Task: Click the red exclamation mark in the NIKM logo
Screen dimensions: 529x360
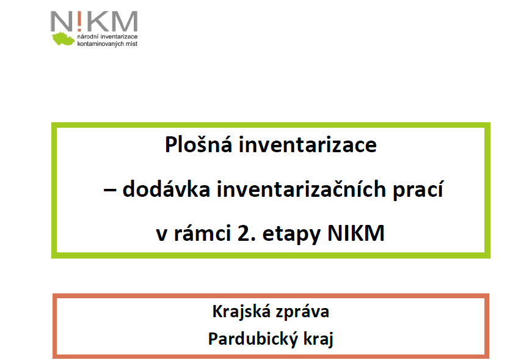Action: [x=79, y=21]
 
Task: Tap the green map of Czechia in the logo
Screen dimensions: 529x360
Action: [x=63, y=39]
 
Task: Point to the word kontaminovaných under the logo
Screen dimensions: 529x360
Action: [x=100, y=43]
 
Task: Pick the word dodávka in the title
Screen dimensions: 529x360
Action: [x=166, y=189]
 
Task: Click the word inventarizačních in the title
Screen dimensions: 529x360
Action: [x=301, y=189]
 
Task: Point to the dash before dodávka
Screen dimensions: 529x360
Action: [x=109, y=190]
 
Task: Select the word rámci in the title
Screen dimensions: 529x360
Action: [x=202, y=233]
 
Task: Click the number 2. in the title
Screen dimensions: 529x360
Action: [x=246, y=233]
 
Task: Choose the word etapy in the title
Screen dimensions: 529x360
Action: [x=291, y=235]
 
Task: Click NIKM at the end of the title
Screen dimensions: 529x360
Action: [x=356, y=233]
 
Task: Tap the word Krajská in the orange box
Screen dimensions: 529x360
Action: [x=241, y=312]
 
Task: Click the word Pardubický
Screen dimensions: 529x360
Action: [x=252, y=339]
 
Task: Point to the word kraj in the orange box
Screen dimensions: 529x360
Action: [x=318, y=339]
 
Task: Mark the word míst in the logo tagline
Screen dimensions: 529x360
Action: [x=131, y=43]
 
